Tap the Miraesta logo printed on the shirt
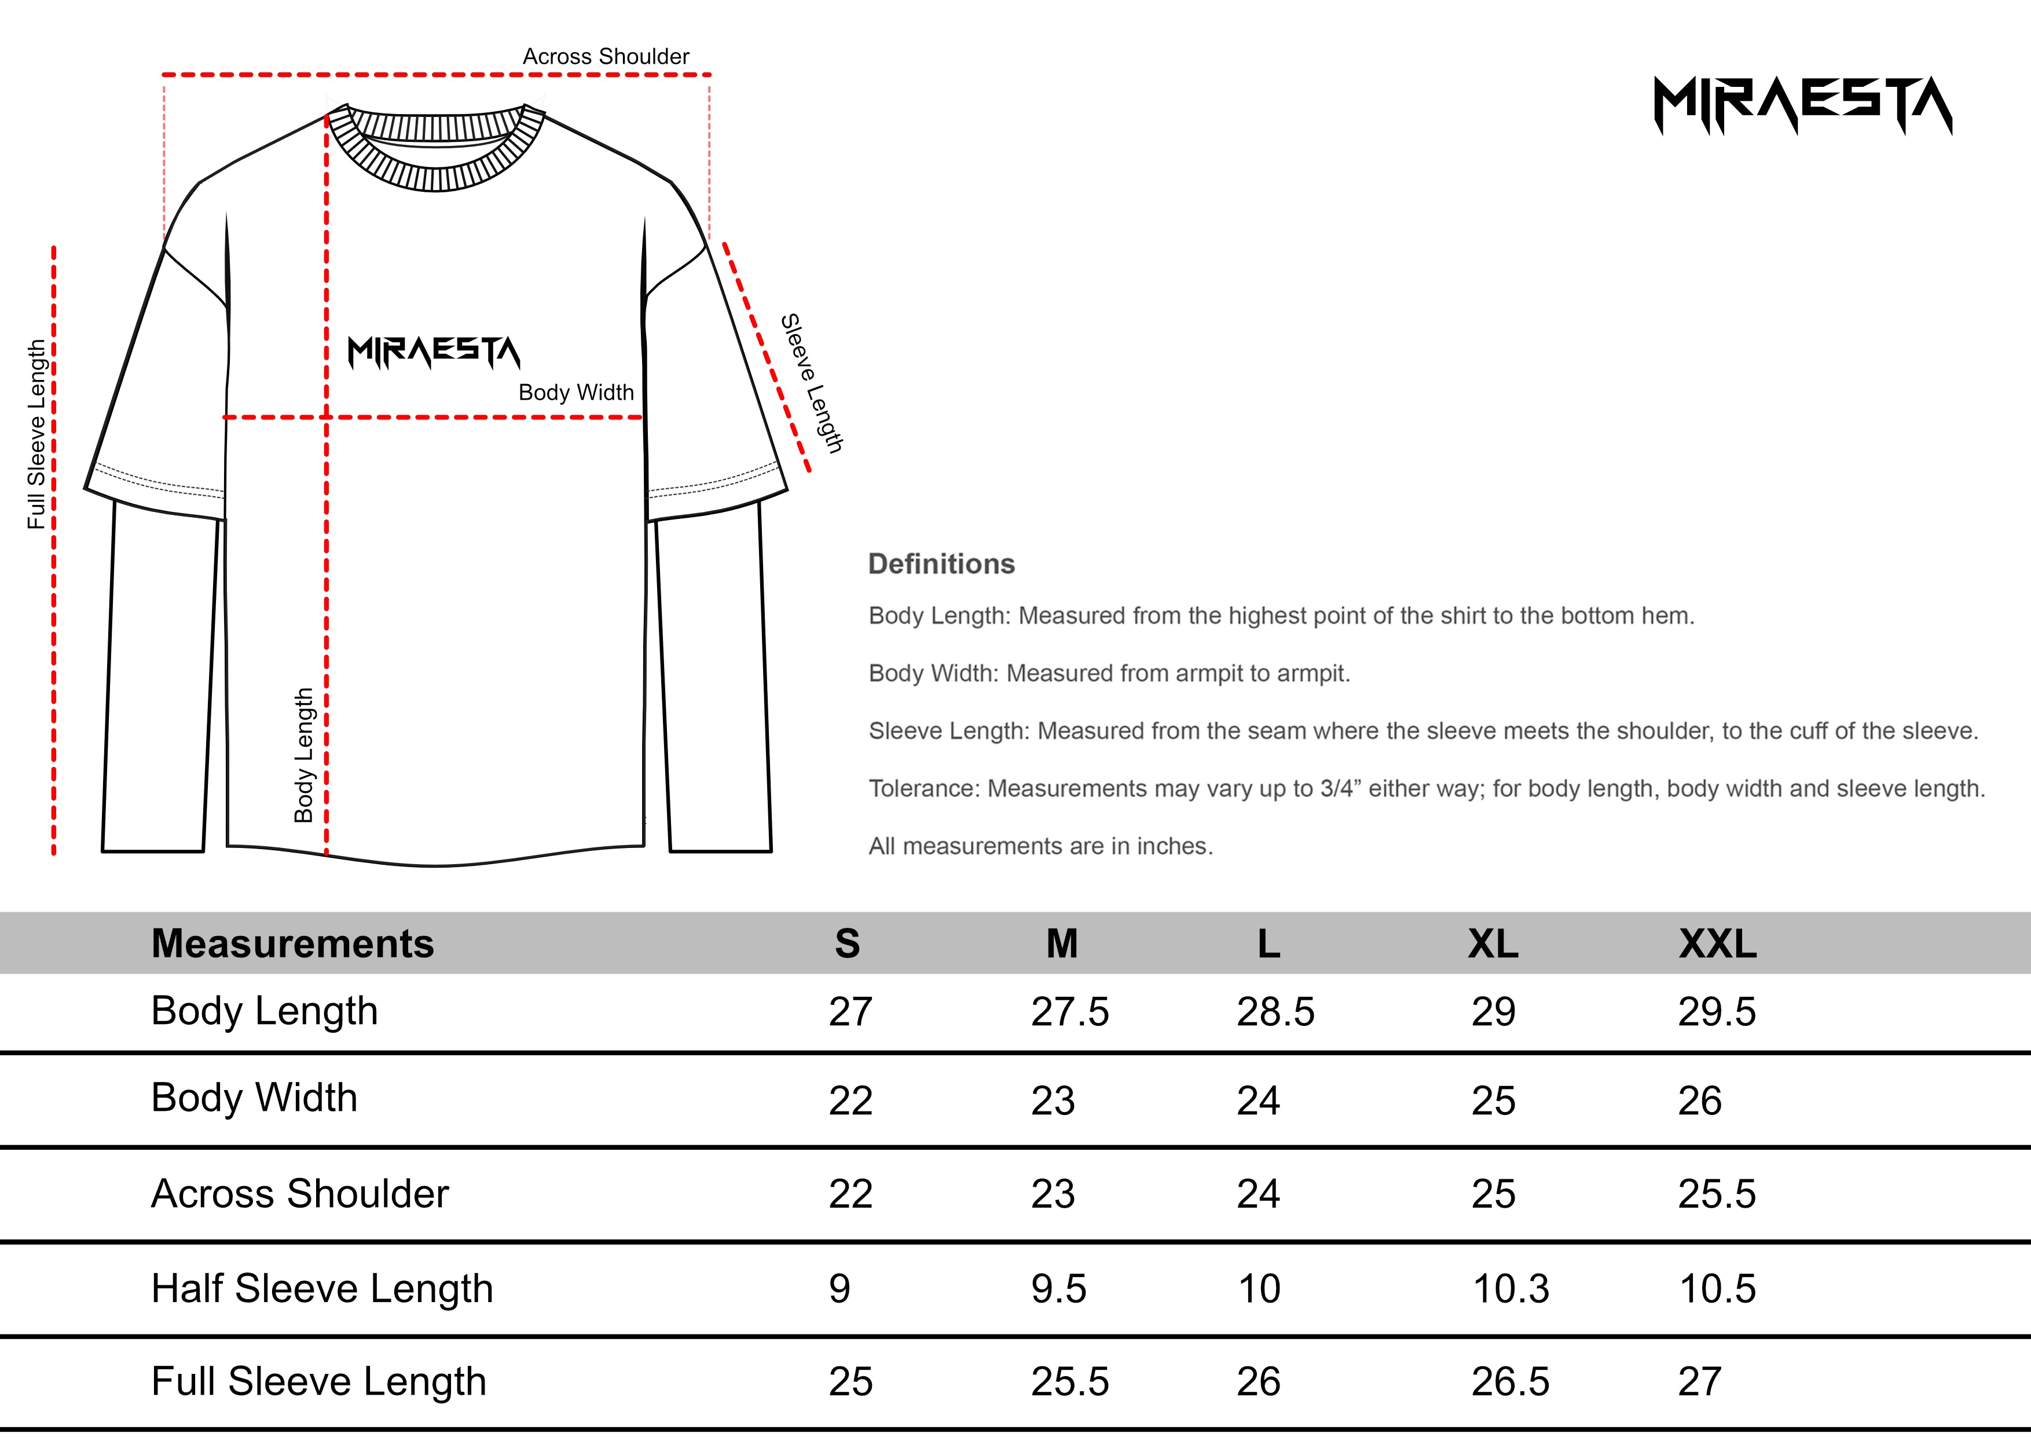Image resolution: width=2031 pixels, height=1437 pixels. [434, 352]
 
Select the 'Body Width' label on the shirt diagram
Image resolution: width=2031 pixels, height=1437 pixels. [576, 392]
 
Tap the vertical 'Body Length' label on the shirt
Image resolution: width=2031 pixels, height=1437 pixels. [303, 755]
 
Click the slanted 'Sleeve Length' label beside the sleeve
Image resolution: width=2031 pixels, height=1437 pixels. [811, 383]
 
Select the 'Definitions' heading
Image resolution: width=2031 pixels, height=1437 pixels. [941, 564]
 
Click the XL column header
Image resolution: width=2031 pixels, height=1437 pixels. [1493, 944]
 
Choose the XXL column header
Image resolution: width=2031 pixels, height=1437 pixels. [1717, 944]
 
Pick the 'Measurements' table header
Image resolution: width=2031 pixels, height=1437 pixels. [293, 944]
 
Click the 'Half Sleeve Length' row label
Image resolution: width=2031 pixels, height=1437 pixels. [322, 1288]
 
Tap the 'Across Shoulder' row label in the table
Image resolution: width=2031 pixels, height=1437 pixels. [300, 1194]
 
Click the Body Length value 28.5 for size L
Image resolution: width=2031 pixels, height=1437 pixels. [1275, 1011]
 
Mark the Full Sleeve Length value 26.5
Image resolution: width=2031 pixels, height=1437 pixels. [1510, 1382]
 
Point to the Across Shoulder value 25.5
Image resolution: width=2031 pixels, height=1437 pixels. [1716, 1194]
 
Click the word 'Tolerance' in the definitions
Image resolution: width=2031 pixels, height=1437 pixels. [923, 788]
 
